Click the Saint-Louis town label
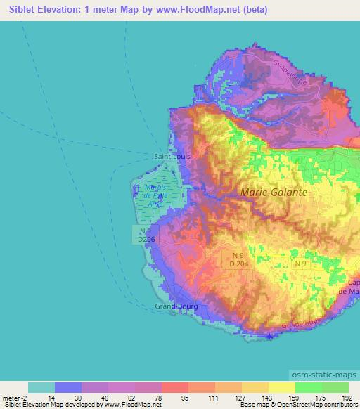coord(172,157)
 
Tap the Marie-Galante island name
coord(269,192)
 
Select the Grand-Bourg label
coord(176,306)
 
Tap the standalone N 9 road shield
coord(302,263)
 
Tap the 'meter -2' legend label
coord(15,397)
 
